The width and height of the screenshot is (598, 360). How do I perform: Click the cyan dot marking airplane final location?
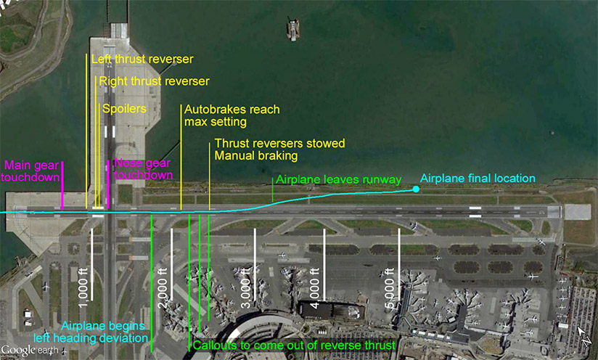pos(416,189)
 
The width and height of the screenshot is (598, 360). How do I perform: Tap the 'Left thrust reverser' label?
pos(142,59)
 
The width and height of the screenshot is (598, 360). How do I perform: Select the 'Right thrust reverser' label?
pos(154,81)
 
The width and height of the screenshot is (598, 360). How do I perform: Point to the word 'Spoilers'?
pos(124,109)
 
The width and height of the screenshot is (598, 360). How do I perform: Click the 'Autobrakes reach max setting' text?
pos(232,115)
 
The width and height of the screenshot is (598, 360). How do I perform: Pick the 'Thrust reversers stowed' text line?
pos(279,144)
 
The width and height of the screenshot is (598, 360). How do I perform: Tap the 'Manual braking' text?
pos(256,155)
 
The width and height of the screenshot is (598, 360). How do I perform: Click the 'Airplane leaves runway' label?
pos(339,179)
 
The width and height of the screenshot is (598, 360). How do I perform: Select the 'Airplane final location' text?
pos(478,178)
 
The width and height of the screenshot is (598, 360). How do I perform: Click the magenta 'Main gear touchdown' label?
pos(30,171)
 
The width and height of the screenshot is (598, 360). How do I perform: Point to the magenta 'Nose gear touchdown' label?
pos(143,169)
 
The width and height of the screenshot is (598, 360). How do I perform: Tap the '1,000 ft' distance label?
pos(83,288)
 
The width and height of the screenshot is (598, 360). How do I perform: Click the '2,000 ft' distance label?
pos(163,288)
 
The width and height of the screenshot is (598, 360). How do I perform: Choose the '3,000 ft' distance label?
pos(246,288)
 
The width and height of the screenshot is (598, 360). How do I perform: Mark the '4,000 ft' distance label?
pos(314,288)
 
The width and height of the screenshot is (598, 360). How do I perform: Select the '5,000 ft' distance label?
pos(389,288)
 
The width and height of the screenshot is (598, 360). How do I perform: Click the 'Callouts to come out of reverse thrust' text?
pos(294,345)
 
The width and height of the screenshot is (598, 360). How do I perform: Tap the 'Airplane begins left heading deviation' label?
pos(91,332)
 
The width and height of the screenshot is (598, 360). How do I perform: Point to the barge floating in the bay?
pos(293,29)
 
